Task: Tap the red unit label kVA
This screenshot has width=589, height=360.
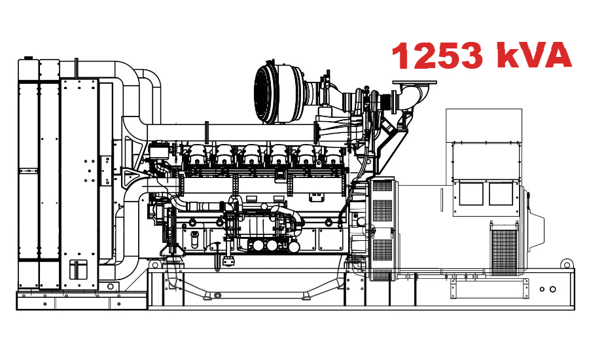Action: pyautogui.click(x=533, y=56)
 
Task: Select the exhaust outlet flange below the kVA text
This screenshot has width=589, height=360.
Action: pyautogui.click(x=414, y=84)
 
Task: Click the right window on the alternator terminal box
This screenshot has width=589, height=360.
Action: pyautogui.click(x=501, y=194)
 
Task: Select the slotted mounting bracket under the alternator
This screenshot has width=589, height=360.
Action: pyautogui.click(x=458, y=283)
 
